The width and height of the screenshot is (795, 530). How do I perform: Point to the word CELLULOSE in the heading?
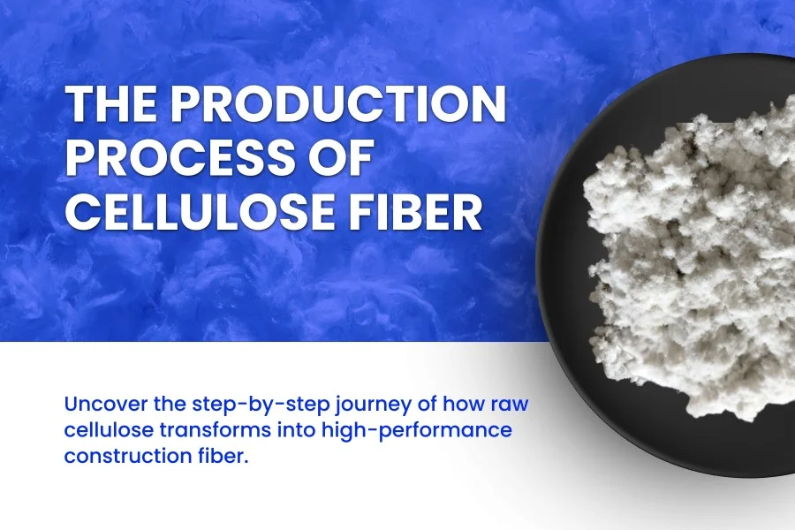(x=200, y=212)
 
